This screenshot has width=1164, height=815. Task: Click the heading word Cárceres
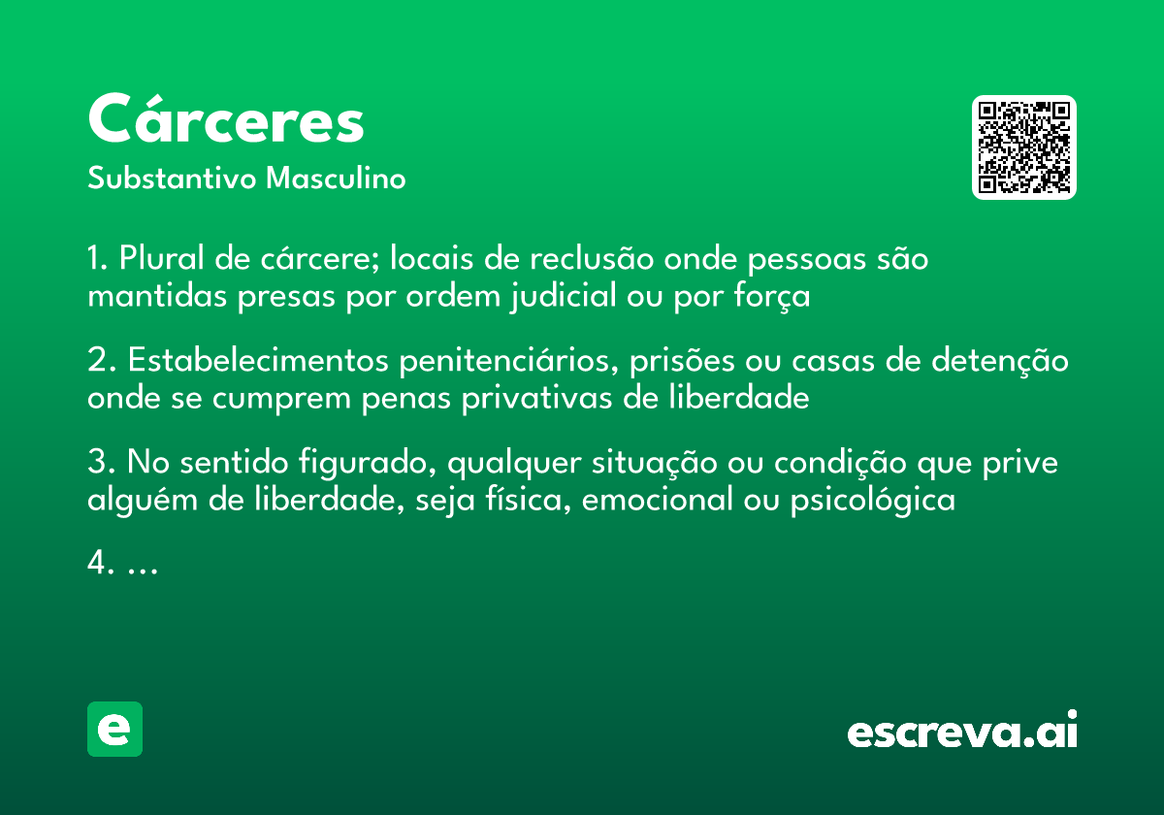(x=226, y=121)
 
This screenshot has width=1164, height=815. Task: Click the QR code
(x=1024, y=147)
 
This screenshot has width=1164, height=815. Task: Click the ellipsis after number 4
(x=143, y=567)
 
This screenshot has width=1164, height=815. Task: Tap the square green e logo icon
(x=114, y=729)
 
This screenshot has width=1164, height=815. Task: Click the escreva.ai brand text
(x=962, y=732)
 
